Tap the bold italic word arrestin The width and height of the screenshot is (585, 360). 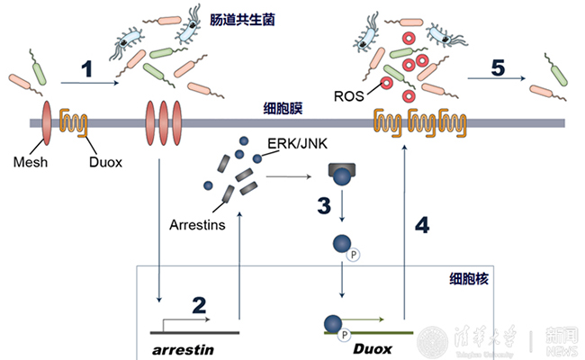184,346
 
